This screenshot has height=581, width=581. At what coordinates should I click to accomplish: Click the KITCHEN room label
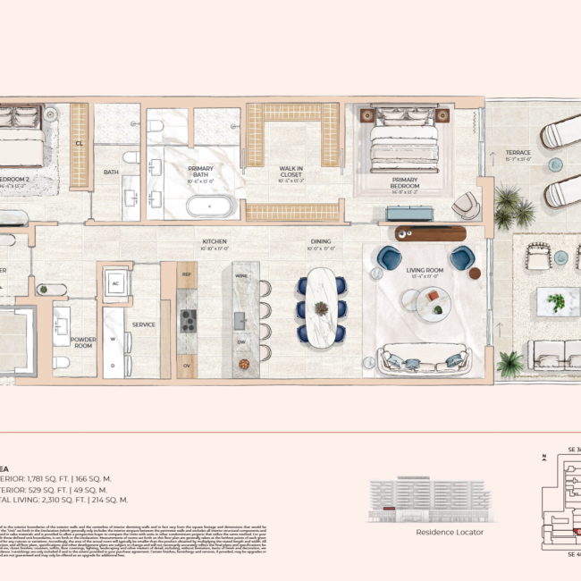pos(214,242)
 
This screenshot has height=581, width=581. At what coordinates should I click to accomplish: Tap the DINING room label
pos(321,242)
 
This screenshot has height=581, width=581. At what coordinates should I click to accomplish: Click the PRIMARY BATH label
pos(199,172)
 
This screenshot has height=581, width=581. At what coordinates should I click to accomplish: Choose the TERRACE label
pos(518,153)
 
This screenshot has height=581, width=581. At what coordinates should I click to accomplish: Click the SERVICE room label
pos(145,324)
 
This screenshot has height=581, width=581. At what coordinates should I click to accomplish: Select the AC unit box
pos(114,283)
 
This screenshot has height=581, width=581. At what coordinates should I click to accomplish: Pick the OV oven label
pos(186,365)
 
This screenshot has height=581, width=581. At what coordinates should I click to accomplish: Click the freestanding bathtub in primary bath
pos(211,206)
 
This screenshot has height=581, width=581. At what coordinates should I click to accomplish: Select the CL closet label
pos(80,142)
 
